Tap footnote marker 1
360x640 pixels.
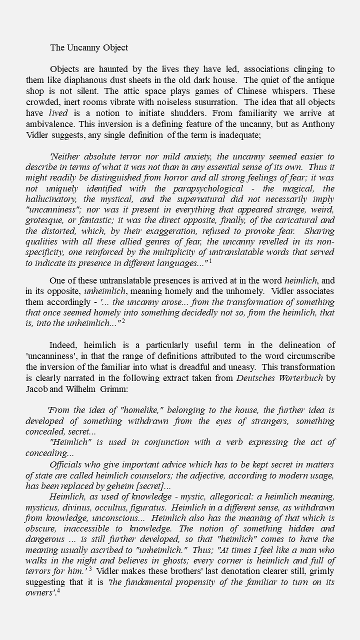pos(210,261)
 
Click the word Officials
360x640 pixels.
pos(68,464)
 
